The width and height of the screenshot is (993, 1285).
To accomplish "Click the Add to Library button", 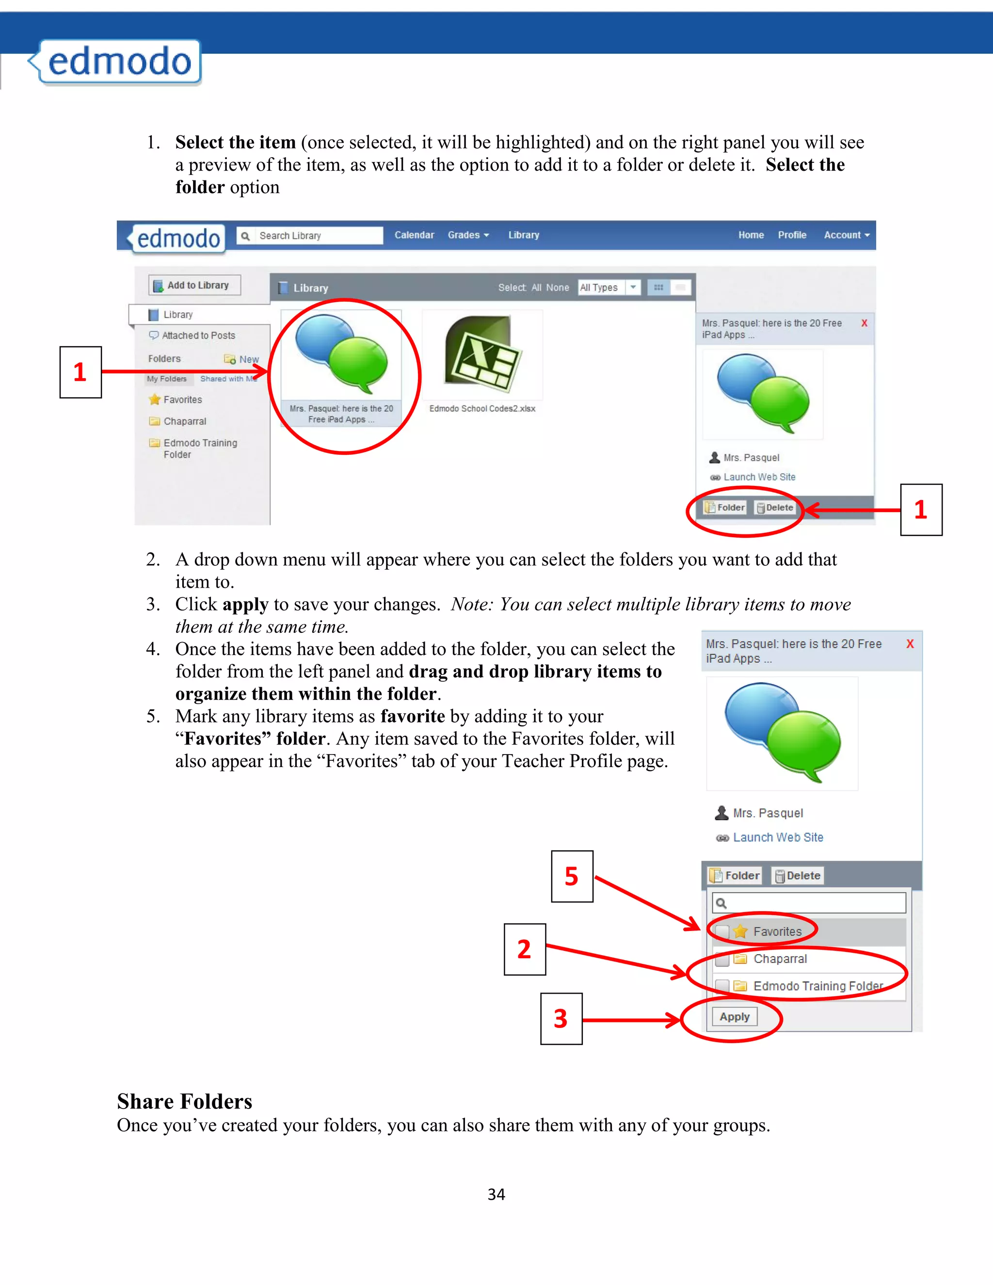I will point(195,285).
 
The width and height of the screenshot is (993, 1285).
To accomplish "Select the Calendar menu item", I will point(414,235).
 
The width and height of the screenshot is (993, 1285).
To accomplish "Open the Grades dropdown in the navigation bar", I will point(468,235).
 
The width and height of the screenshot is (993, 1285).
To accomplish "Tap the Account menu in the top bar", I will point(846,235).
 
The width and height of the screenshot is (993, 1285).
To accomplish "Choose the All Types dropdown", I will point(609,287).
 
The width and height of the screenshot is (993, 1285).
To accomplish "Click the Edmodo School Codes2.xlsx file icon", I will point(482,355).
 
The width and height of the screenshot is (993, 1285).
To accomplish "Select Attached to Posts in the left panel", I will point(198,336).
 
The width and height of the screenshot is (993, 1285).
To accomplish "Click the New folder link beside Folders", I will point(248,359).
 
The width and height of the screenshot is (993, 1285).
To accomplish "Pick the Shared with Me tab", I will point(228,379).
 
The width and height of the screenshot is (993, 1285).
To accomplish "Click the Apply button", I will point(734,1017).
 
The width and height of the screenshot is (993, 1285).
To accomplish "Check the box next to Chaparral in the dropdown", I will point(722,959).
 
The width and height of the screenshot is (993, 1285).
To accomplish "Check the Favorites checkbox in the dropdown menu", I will point(722,932).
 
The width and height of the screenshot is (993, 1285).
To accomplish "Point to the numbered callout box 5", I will point(572,876).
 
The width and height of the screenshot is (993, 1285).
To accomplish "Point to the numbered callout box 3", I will point(561,1018).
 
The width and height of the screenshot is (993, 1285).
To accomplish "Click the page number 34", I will point(496,1194).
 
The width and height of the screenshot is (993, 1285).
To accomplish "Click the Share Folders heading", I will point(185,1101).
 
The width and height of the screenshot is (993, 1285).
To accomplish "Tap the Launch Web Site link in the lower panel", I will point(778,837).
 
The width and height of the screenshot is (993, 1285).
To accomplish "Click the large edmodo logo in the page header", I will point(119,62).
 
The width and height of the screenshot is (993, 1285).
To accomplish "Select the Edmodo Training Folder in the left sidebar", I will point(200,449).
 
